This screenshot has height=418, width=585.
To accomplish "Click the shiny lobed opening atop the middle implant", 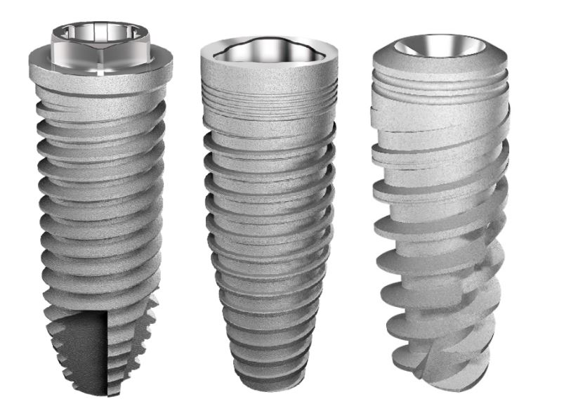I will pyautogui.click(x=270, y=51).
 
